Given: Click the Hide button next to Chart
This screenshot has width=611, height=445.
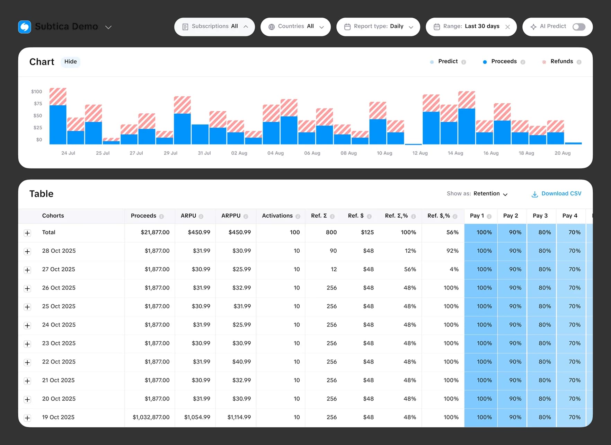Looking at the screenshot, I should [x=70, y=62].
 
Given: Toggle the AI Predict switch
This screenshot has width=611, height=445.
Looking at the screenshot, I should [x=579, y=27].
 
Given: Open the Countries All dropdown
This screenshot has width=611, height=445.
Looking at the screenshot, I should [x=295, y=27].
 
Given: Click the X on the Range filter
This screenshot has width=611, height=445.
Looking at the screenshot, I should [x=507, y=27].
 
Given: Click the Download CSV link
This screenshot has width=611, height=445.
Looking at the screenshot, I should [x=556, y=194].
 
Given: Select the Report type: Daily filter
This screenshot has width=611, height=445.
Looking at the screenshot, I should [x=378, y=27].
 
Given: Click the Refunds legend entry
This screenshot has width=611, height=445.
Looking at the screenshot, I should [x=561, y=61].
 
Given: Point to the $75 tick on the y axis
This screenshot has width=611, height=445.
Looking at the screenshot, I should [x=38, y=104].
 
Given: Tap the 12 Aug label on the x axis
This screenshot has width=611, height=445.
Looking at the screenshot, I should [x=420, y=153].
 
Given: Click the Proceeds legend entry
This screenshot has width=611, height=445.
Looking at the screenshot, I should [x=503, y=61].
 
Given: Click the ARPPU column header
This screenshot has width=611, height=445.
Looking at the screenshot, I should [x=231, y=216].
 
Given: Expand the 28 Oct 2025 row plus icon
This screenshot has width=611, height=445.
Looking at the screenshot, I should [x=27, y=251].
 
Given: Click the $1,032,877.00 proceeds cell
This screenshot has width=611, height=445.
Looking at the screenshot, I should [x=151, y=417].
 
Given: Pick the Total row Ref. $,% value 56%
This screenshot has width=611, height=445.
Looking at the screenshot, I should [x=452, y=232].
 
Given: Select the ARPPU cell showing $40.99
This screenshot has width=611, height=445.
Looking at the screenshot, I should [x=241, y=362].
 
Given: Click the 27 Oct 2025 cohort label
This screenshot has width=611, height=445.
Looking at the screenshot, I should [x=59, y=269].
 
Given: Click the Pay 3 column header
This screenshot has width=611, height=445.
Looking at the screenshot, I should [x=540, y=216].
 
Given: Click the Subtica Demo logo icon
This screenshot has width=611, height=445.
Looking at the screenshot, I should [x=25, y=27].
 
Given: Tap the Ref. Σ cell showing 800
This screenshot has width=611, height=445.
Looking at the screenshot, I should [x=331, y=232].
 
